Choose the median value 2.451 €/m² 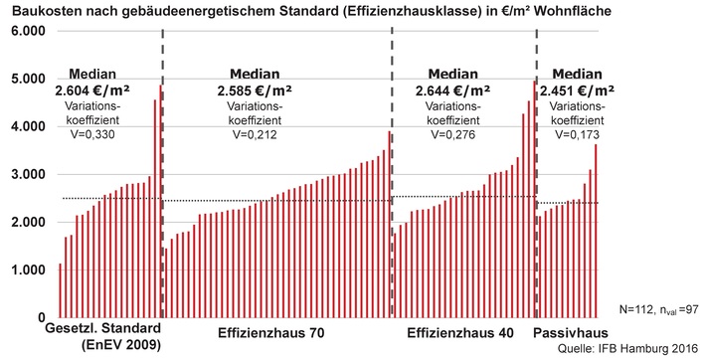(577, 91)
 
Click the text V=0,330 (92, 134)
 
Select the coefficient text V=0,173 (577, 134)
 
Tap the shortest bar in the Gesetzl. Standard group (60, 290)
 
